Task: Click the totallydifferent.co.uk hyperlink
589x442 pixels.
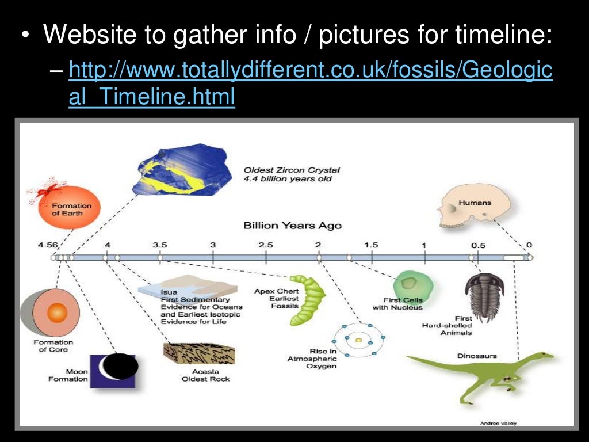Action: [x=311, y=72]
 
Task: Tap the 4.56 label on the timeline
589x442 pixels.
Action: [x=48, y=245]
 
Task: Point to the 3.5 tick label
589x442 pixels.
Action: [x=160, y=245]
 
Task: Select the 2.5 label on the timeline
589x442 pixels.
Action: [x=266, y=245]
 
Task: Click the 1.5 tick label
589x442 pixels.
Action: [x=372, y=245]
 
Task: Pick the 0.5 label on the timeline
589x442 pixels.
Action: [x=478, y=245]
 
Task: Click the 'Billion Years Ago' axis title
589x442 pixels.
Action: [x=292, y=225]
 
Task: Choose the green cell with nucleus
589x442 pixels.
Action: [x=412, y=284]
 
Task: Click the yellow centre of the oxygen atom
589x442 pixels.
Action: [x=358, y=341]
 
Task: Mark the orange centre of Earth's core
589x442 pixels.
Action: [x=57, y=313]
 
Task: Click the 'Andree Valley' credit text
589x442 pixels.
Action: [x=498, y=423]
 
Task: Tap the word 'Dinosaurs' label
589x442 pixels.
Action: [x=477, y=356]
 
